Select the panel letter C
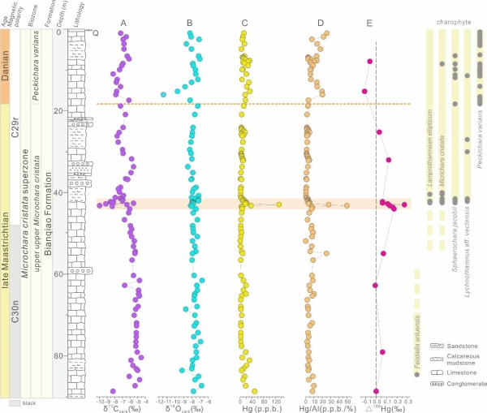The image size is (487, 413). [x=245, y=22]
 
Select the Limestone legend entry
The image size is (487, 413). [x=463, y=372]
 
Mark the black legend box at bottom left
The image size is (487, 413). [x=15, y=402]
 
